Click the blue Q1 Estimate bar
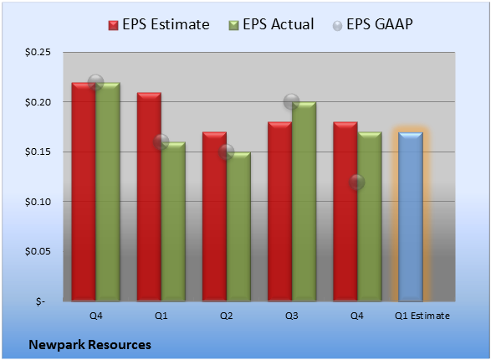click(x=411, y=217)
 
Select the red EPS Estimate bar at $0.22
click(x=84, y=192)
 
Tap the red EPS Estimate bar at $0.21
click(x=149, y=197)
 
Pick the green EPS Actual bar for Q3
click(x=304, y=202)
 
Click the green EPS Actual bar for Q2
click(x=238, y=227)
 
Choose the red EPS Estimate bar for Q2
click(x=214, y=217)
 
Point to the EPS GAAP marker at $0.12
click(x=356, y=182)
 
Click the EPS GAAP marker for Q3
click(x=292, y=101)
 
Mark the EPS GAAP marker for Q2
click(x=226, y=152)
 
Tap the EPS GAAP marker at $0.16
click(x=161, y=142)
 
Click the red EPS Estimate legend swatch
click(x=113, y=25)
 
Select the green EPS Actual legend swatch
click(x=233, y=25)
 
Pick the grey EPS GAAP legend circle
click(x=337, y=26)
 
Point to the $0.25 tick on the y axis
click(x=38, y=52)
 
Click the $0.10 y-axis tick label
click(x=38, y=202)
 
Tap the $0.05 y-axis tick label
click(x=38, y=251)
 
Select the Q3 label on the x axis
click(x=292, y=316)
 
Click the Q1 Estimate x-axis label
click(x=422, y=316)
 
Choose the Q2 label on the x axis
click(x=226, y=316)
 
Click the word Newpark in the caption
click(x=57, y=345)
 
